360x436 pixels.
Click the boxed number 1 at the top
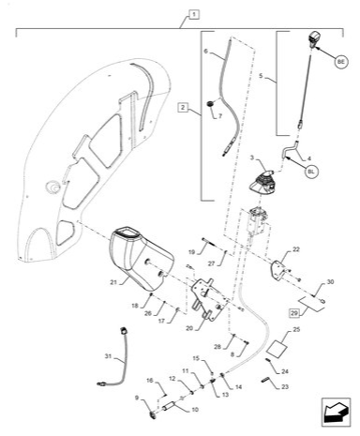[194, 14]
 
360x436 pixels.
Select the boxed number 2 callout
[183, 108]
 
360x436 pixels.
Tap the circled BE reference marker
[341, 62]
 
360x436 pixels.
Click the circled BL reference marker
[311, 172]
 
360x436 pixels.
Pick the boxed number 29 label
[294, 313]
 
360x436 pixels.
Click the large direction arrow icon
[337, 413]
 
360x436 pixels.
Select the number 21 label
[113, 282]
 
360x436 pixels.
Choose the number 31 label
[108, 356]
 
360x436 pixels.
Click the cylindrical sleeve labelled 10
[170, 407]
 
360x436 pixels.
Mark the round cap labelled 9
[153, 414]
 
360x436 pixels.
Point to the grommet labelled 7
[210, 103]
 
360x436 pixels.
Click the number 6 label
[205, 51]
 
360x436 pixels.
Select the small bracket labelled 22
[279, 268]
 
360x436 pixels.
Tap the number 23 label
[285, 387]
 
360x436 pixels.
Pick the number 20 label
[189, 328]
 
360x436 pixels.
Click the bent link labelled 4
[290, 148]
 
